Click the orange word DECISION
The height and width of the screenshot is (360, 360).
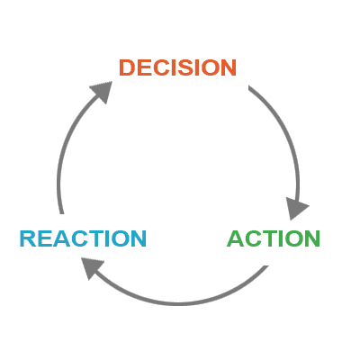[x=177, y=67]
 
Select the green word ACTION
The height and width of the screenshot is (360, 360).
[x=274, y=238]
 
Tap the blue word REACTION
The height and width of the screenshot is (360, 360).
[x=83, y=238]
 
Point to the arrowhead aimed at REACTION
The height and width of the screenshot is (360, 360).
[x=92, y=267]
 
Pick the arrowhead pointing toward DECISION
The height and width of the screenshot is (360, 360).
[x=103, y=91]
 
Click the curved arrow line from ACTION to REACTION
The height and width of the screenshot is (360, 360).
[x=177, y=303]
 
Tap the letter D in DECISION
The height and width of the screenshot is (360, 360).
[x=127, y=67]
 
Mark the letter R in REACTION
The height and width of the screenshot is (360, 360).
[x=27, y=238]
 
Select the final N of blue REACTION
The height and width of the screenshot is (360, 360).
[x=139, y=238]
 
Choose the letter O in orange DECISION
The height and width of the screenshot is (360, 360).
[x=210, y=67]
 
